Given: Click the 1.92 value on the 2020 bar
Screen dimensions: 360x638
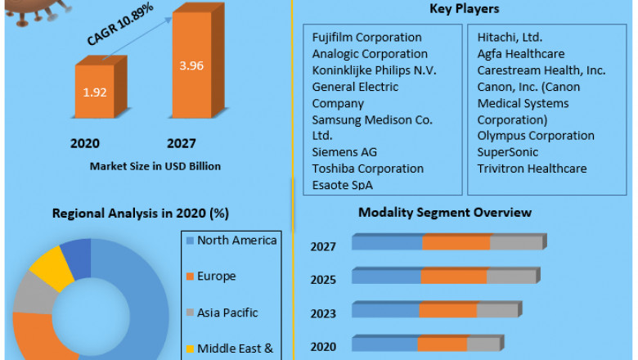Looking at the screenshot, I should pyautogui.click(x=95, y=91).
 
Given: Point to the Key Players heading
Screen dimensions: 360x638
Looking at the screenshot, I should pyautogui.click(x=464, y=9).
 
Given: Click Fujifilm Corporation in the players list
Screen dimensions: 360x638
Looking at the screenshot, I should pyautogui.click(x=367, y=38).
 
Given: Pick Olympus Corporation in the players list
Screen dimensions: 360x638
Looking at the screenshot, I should pyautogui.click(x=536, y=136).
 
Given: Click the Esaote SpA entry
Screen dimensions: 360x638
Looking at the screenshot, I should pyautogui.click(x=343, y=185).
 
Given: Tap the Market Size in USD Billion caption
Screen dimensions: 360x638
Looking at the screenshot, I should pyautogui.click(x=155, y=166).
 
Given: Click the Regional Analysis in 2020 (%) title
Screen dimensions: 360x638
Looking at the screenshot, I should pyautogui.click(x=140, y=214).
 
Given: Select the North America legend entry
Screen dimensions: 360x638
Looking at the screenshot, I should pyautogui.click(x=237, y=240).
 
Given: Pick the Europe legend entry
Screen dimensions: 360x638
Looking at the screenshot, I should pyautogui.click(x=216, y=277).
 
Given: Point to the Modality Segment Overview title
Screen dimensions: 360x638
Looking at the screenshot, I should pyautogui.click(x=445, y=213).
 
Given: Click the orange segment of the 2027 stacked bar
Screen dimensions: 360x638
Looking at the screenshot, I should pyautogui.click(x=456, y=242).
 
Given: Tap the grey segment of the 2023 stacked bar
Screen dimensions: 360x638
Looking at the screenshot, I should pyautogui.click(x=497, y=310).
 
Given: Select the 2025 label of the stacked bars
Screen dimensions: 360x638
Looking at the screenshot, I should pyautogui.click(x=323, y=280).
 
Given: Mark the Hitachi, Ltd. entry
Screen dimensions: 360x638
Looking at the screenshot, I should pyautogui.click(x=510, y=38).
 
